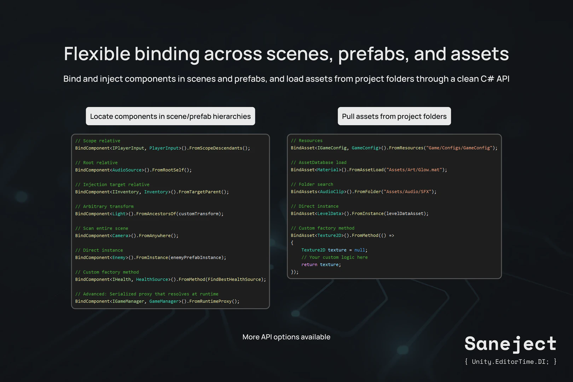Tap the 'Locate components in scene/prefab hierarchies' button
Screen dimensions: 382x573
click(170, 116)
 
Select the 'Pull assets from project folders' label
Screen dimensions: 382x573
click(394, 116)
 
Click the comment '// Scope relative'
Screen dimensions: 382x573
click(98, 141)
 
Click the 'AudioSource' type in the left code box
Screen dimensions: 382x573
click(127, 170)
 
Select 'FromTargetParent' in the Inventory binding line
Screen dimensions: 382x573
click(199, 192)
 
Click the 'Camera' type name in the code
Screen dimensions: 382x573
click(120, 236)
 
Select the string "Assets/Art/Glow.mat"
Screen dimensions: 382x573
click(414, 170)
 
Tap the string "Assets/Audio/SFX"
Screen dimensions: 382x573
click(407, 192)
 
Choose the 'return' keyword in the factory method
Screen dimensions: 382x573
click(309, 265)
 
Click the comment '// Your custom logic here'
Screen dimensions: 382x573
click(334, 257)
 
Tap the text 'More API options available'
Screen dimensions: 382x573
click(286, 337)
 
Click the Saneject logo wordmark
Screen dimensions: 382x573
click(510, 344)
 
